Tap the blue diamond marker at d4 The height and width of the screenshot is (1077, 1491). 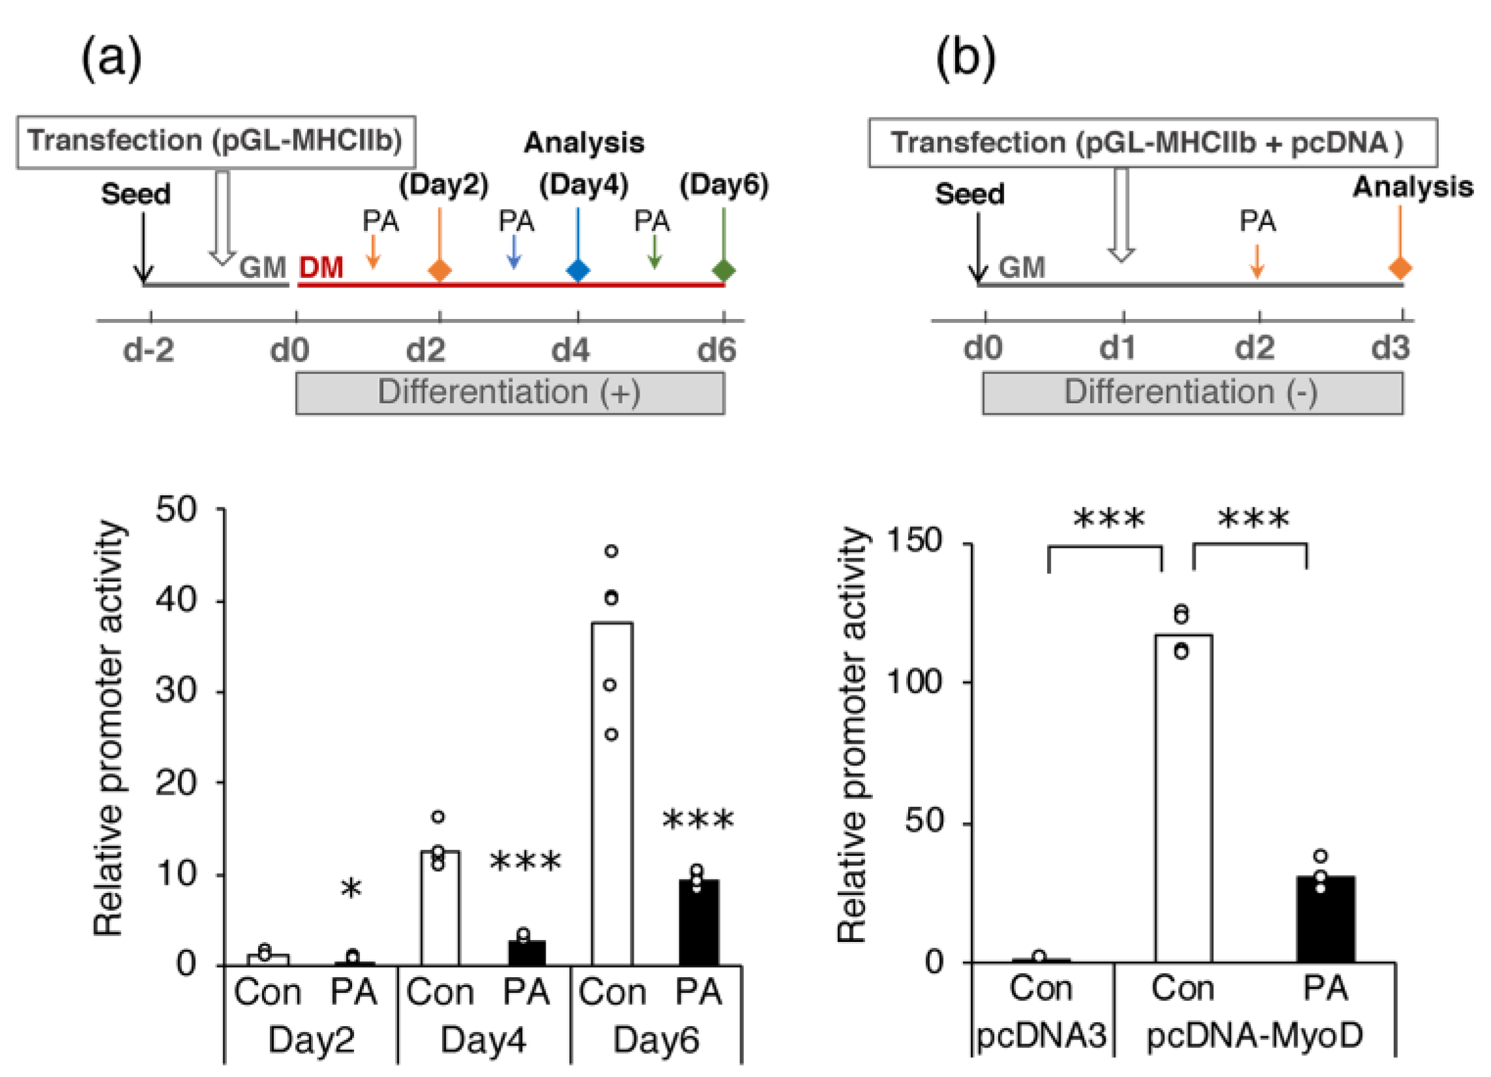[x=578, y=270]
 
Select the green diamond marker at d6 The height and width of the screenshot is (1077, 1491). [x=724, y=270]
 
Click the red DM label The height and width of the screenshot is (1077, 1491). [x=321, y=267]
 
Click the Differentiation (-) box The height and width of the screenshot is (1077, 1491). [x=1192, y=393]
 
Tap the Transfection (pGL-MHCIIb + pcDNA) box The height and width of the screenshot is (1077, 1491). [x=1153, y=143]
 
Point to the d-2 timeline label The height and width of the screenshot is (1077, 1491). [x=149, y=349]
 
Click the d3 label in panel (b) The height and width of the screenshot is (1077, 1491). [x=1390, y=348]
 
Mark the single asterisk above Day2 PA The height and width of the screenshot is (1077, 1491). [x=351, y=889]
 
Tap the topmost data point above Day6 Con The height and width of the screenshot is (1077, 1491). [x=612, y=551]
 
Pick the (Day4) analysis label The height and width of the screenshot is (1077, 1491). [x=583, y=185]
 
